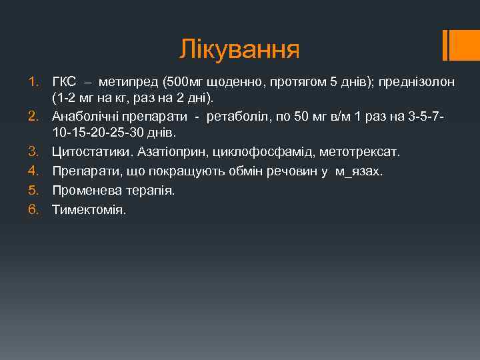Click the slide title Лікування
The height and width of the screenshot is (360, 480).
239,49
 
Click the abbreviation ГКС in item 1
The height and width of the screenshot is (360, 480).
64,82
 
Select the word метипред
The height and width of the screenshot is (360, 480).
125,82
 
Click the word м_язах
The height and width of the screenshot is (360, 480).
359,172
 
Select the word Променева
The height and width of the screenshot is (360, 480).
83,190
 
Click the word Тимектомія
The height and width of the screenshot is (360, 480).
89,209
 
